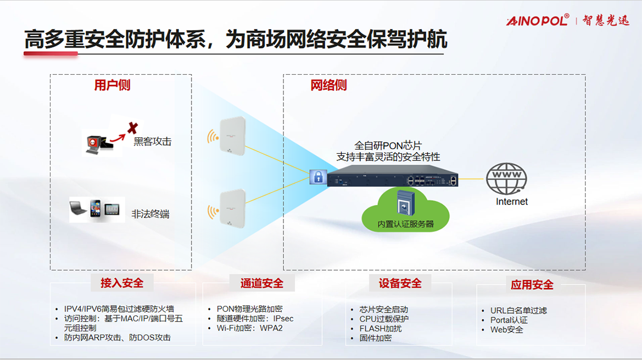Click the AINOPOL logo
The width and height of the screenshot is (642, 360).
point(537,21)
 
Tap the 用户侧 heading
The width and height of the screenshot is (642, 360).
point(112,86)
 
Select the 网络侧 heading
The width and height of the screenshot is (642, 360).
point(328,86)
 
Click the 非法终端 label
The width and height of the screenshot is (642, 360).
point(150,214)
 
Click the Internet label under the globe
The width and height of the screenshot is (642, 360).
point(512,202)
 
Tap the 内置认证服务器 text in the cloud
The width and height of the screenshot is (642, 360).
point(406,224)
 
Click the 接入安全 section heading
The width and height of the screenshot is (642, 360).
point(122,283)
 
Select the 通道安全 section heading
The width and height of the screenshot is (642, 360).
point(262,283)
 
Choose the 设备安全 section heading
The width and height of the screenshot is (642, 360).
point(400,283)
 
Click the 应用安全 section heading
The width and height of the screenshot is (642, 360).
point(532,285)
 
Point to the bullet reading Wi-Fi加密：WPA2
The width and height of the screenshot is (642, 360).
point(249,328)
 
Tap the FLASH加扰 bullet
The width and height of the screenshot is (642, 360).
point(380,329)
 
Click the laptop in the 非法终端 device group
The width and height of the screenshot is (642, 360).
point(80,209)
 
